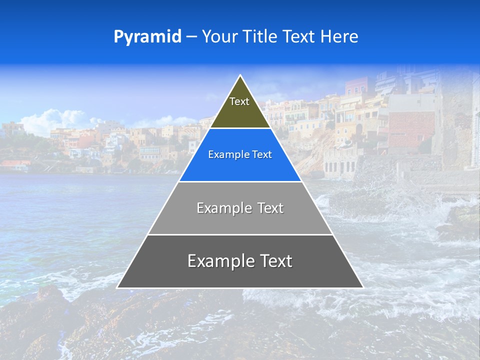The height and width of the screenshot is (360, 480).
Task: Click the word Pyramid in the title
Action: pyautogui.click(x=147, y=37)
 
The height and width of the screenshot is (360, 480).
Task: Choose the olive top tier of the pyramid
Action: pyautogui.click(x=240, y=112)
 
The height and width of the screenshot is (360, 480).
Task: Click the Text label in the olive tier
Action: pyautogui.click(x=239, y=101)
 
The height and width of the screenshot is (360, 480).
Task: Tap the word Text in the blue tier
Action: pyautogui.click(x=262, y=155)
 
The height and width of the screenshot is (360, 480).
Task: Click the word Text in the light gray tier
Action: pyautogui.click(x=270, y=208)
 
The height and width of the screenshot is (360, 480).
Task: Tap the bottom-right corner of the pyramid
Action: pyautogui.click(x=362, y=287)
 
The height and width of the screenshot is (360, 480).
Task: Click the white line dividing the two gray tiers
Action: pyautogui.click(x=240, y=234)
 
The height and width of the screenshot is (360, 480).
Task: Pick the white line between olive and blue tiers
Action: pyautogui.click(x=240, y=128)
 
